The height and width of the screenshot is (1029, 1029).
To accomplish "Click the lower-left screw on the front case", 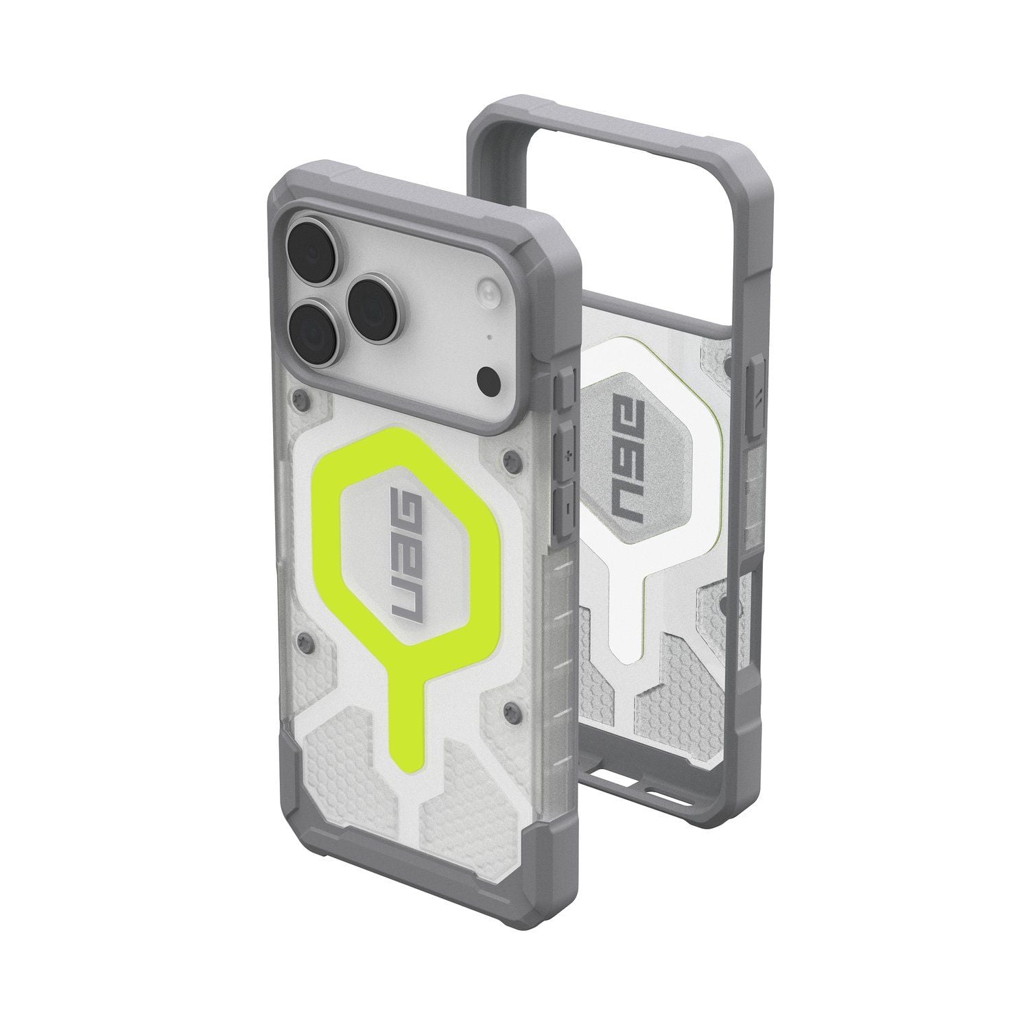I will [303, 640].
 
